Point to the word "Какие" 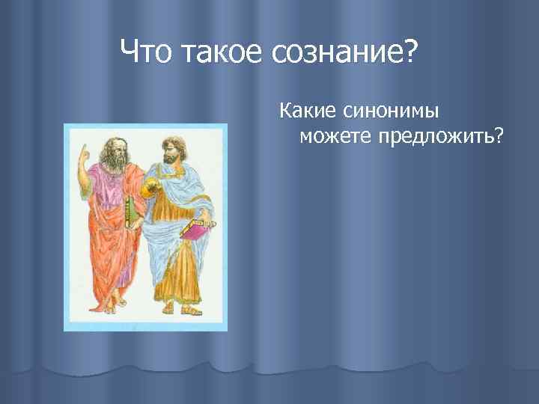pyautogui.click(x=309, y=112)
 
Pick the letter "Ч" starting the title pyautogui.click(x=128, y=53)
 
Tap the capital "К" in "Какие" pyautogui.click(x=285, y=112)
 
